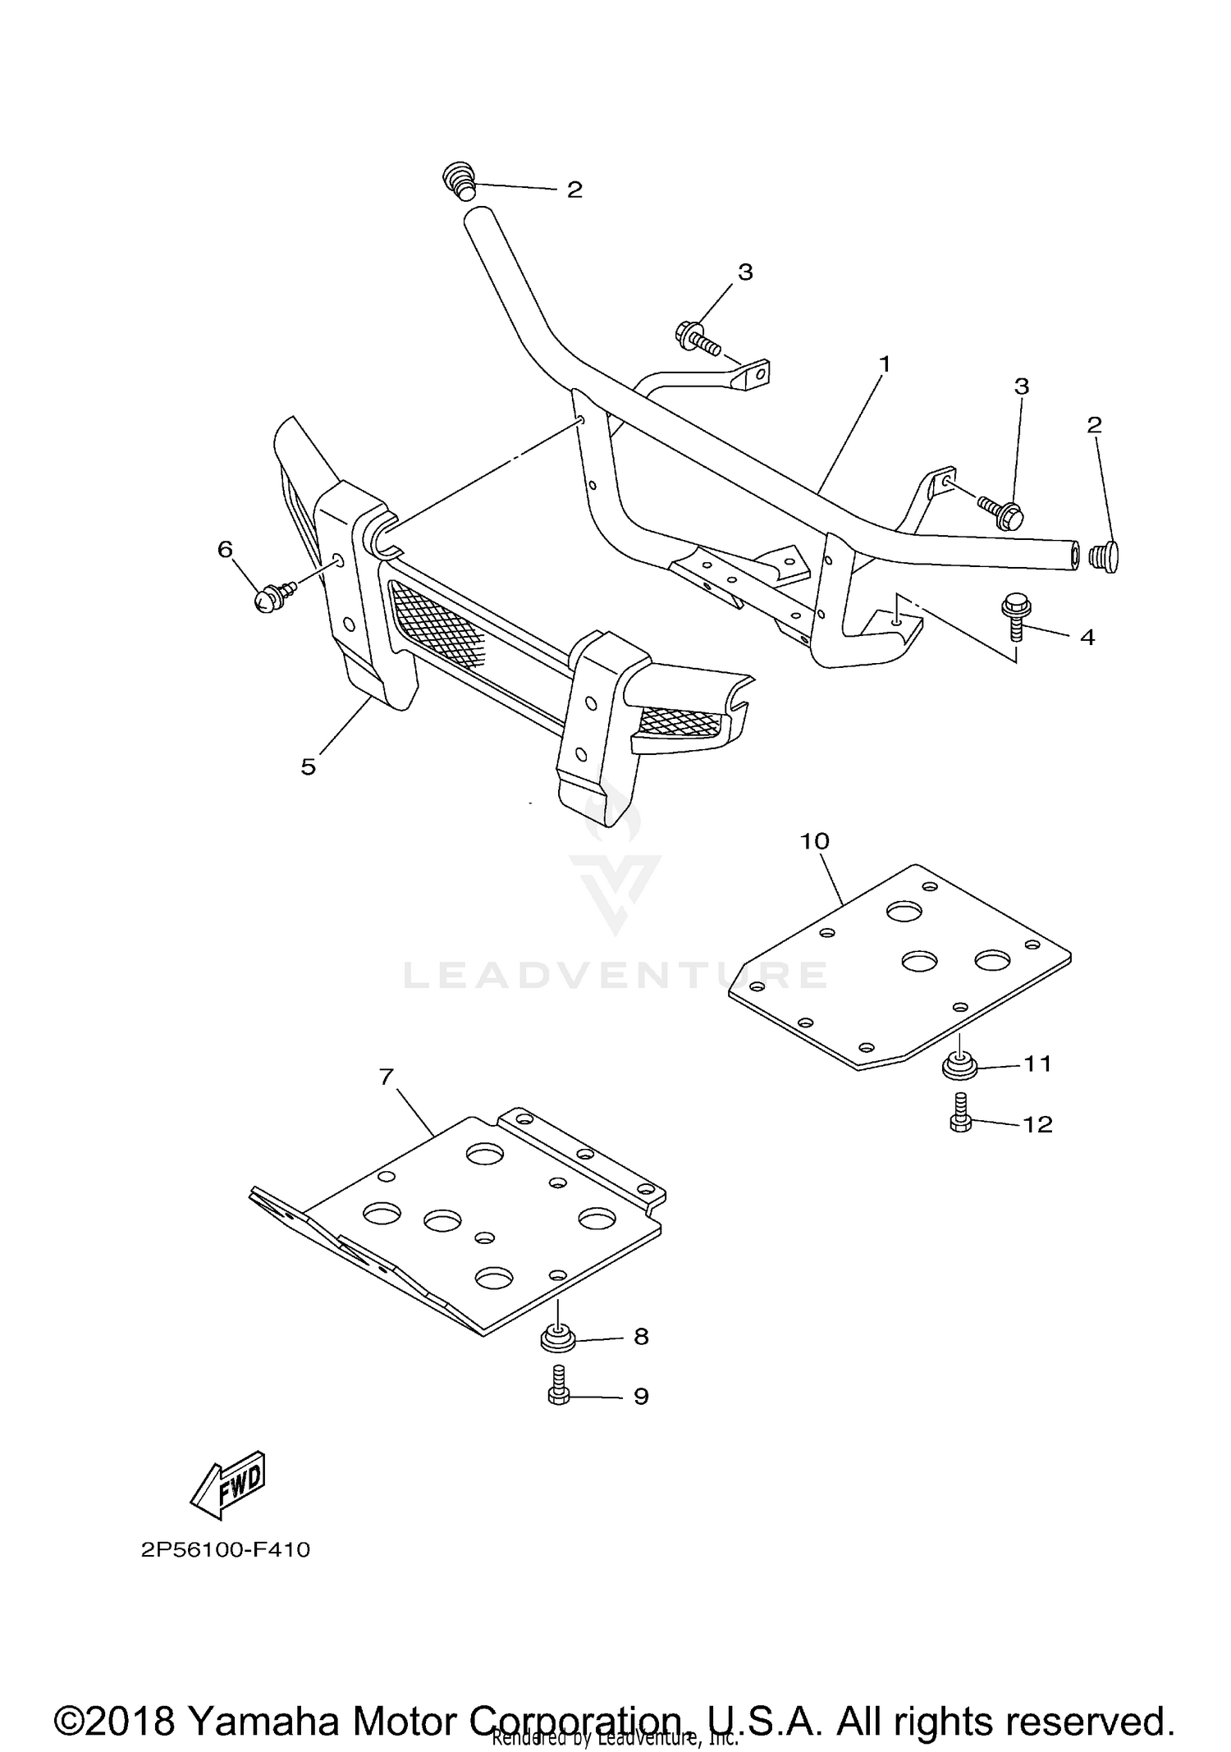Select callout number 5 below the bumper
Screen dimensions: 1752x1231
309,766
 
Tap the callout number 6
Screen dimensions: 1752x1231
225,549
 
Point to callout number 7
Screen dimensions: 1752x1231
387,1076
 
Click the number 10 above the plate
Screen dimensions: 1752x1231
816,841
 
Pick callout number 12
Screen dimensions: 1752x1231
1038,1123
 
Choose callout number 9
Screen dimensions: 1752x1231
641,1396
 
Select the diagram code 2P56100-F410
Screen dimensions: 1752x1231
226,1550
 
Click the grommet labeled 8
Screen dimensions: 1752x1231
557,1338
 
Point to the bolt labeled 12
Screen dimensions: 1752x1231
960,1114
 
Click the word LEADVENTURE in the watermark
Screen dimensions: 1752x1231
615,975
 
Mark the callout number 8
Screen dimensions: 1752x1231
641,1337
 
